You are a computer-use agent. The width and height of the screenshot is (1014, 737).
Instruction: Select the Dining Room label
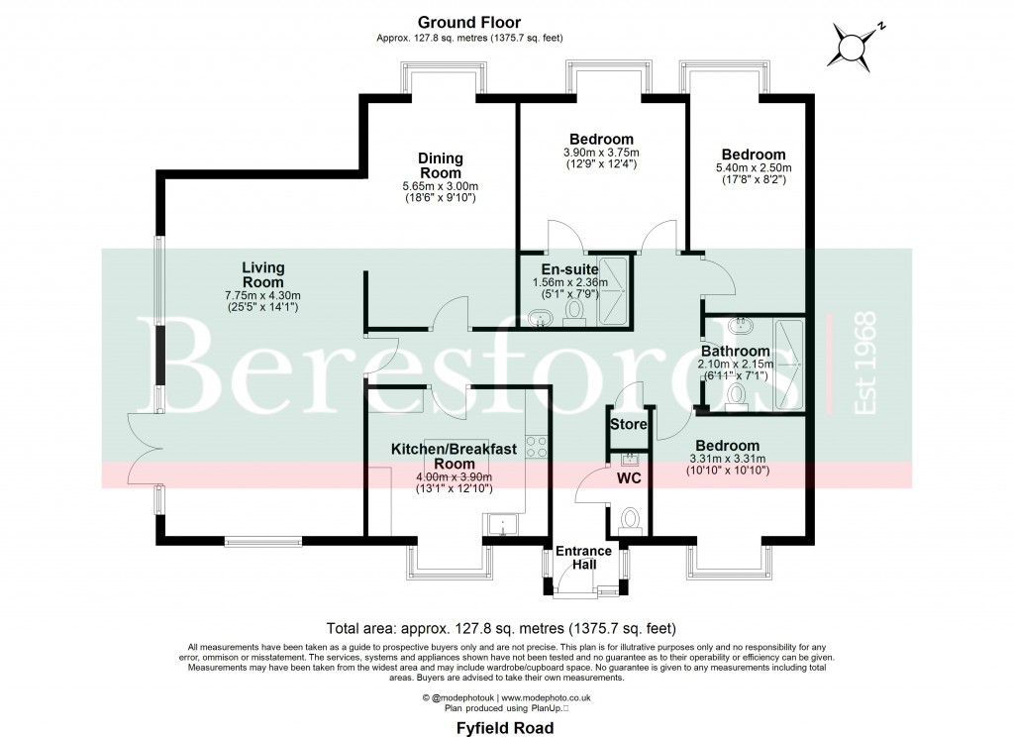[440, 165]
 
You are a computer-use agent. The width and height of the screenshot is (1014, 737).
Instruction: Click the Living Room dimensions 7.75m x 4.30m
[262, 295]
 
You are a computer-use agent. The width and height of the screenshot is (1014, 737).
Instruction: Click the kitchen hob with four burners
[538, 447]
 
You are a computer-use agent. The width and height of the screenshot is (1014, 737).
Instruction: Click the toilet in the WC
[629, 519]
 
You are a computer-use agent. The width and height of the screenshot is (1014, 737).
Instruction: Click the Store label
[628, 424]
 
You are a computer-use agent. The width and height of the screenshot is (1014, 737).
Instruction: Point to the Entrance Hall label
[582, 558]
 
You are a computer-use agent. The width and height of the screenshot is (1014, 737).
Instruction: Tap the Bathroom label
[735, 352]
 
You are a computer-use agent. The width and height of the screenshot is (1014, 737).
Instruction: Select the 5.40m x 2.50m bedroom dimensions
[754, 167]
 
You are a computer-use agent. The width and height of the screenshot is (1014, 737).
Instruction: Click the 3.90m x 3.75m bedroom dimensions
[601, 152]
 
